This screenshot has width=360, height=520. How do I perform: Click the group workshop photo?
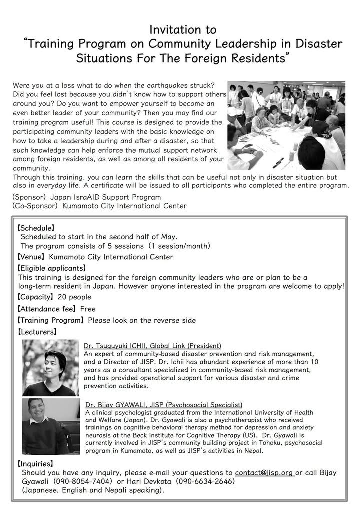[286, 125]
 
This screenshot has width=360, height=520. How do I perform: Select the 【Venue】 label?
[32, 257]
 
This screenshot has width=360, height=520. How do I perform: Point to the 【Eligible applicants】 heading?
[52, 268]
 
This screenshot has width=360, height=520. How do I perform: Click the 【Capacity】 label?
[36, 297]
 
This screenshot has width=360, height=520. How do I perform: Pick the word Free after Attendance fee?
[87, 309]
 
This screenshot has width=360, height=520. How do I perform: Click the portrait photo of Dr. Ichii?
[51, 368]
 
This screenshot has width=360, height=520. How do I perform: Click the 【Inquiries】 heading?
[35, 463]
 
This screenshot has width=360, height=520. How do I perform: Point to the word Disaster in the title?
[313, 43]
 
